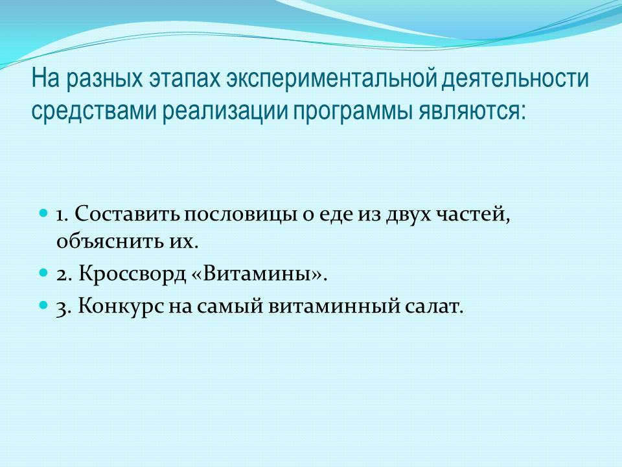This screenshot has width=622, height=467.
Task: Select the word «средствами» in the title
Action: [x=95, y=112]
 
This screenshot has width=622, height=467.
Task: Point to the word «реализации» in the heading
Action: [x=225, y=112]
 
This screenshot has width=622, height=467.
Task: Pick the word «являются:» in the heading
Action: [x=472, y=112]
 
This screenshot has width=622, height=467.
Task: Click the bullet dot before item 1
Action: [x=43, y=213]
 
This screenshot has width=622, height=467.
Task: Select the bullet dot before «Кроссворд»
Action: [x=43, y=273]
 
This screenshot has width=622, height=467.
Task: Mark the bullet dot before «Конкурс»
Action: [x=43, y=305]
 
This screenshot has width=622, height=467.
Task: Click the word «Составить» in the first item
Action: [x=128, y=215]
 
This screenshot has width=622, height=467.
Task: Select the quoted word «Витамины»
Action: [x=257, y=274]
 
